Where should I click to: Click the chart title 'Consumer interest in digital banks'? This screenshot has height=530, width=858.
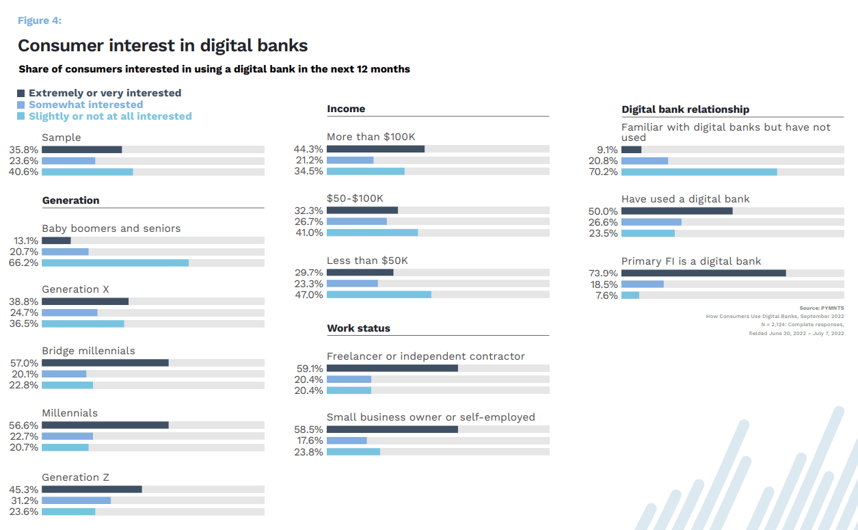click(x=163, y=46)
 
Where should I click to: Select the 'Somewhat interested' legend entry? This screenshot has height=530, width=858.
click(x=85, y=105)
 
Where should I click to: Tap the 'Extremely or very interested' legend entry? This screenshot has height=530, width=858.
click(x=105, y=93)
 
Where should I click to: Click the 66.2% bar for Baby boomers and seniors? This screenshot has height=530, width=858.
click(x=115, y=263)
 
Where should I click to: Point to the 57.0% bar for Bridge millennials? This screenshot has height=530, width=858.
click(x=105, y=363)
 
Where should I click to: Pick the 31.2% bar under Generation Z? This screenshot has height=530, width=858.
click(x=76, y=501)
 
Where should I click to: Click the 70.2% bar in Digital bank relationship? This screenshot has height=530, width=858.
click(x=699, y=172)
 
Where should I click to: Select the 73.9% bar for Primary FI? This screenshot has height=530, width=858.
click(x=703, y=274)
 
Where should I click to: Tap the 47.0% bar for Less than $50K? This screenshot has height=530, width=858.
click(x=379, y=295)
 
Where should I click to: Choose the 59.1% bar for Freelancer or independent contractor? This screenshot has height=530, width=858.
click(x=392, y=369)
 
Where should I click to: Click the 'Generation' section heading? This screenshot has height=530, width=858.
click(x=70, y=200)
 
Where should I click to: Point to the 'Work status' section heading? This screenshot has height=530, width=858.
click(x=358, y=328)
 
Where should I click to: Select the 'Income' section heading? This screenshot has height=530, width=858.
click(x=346, y=109)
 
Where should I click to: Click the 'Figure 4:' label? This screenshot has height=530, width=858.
click(x=39, y=21)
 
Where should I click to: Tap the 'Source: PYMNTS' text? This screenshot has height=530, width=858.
click(x=822, y=308)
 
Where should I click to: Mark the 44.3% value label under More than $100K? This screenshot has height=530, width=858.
click(x=308, y=150)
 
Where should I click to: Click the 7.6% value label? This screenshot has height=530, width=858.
click(x=606, y=295)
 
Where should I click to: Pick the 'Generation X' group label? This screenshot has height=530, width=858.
click(x=75, y=289)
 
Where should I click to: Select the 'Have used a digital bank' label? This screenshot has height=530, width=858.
click(x=685, y=199)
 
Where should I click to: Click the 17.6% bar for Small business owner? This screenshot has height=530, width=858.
click(x=347, y=441)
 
